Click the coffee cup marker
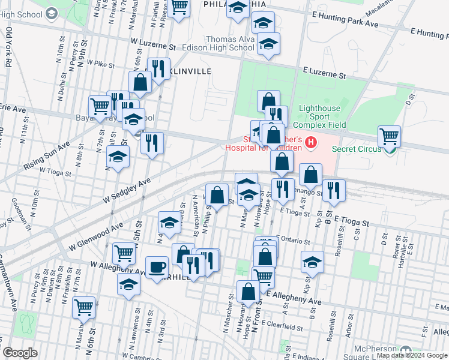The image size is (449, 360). pos(157,267)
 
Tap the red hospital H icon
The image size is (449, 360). pos(311,142)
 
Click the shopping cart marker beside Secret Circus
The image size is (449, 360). pos(390,136)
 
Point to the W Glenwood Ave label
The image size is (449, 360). pos(95,235)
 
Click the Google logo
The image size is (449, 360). pos(20,353)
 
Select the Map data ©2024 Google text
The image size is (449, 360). pos(412,355)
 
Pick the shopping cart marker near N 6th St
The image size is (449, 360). pos(84,307)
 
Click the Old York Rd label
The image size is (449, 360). pos(8,51)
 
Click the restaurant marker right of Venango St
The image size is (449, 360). pos(334,190)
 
